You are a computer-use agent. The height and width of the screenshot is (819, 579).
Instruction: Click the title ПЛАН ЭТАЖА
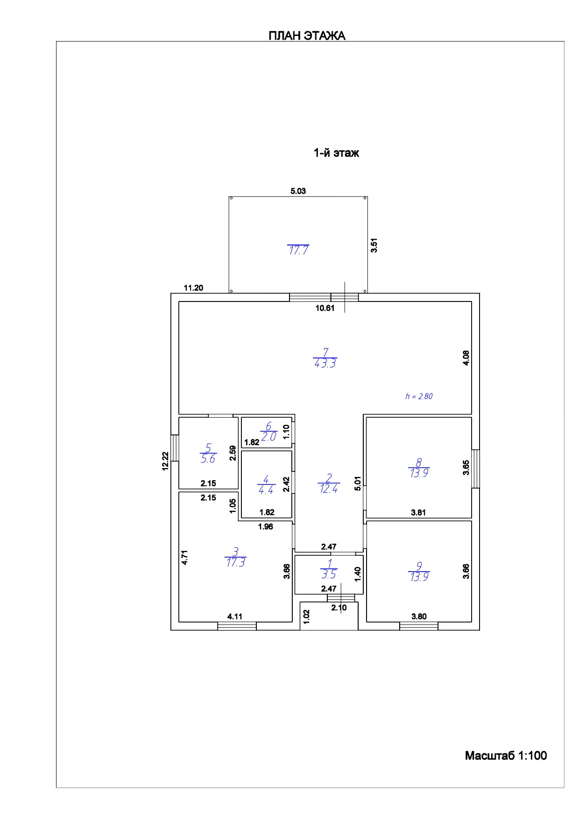click(307, 36)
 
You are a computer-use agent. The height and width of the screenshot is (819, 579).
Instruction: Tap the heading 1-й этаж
click(336, 153)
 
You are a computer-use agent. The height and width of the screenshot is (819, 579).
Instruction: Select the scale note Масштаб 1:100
click(506, 756)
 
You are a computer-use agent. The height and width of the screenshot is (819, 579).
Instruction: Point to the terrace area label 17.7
click(298, 250)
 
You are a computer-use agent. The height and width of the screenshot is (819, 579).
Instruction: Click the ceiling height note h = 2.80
click(419, 396)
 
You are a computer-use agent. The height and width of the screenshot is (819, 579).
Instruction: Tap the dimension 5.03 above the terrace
click(298, 191)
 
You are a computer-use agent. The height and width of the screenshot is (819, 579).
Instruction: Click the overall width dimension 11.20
click(193, 288)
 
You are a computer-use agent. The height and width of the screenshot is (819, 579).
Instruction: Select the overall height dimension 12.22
click(165, 462)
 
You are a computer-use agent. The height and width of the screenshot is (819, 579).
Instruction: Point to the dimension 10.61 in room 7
click(325, 308)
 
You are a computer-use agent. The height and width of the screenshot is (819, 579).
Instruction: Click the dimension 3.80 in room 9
click(419, 616)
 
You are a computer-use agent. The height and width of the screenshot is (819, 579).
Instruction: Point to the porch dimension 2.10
click(339, 607)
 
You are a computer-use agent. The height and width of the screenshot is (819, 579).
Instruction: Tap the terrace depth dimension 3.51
click(374, 245)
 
